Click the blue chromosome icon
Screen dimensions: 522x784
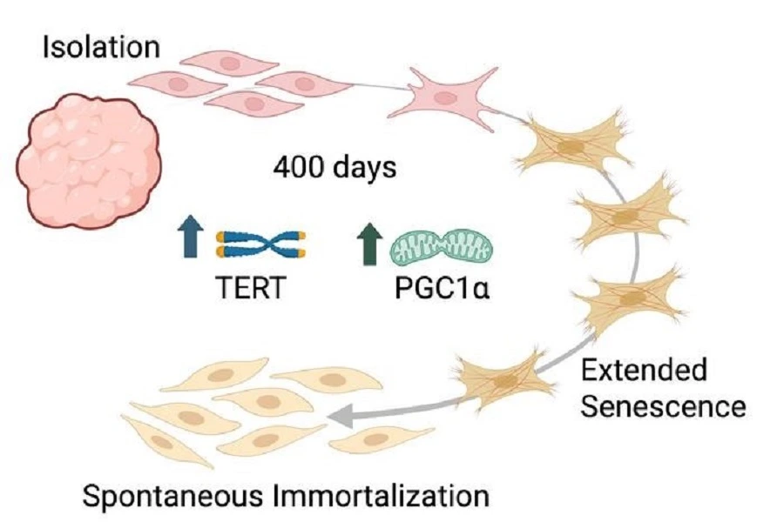(260, 244)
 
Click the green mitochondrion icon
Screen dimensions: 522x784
(440, 244)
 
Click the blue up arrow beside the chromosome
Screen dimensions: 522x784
(187, 239)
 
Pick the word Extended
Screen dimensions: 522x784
(644, 371)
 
